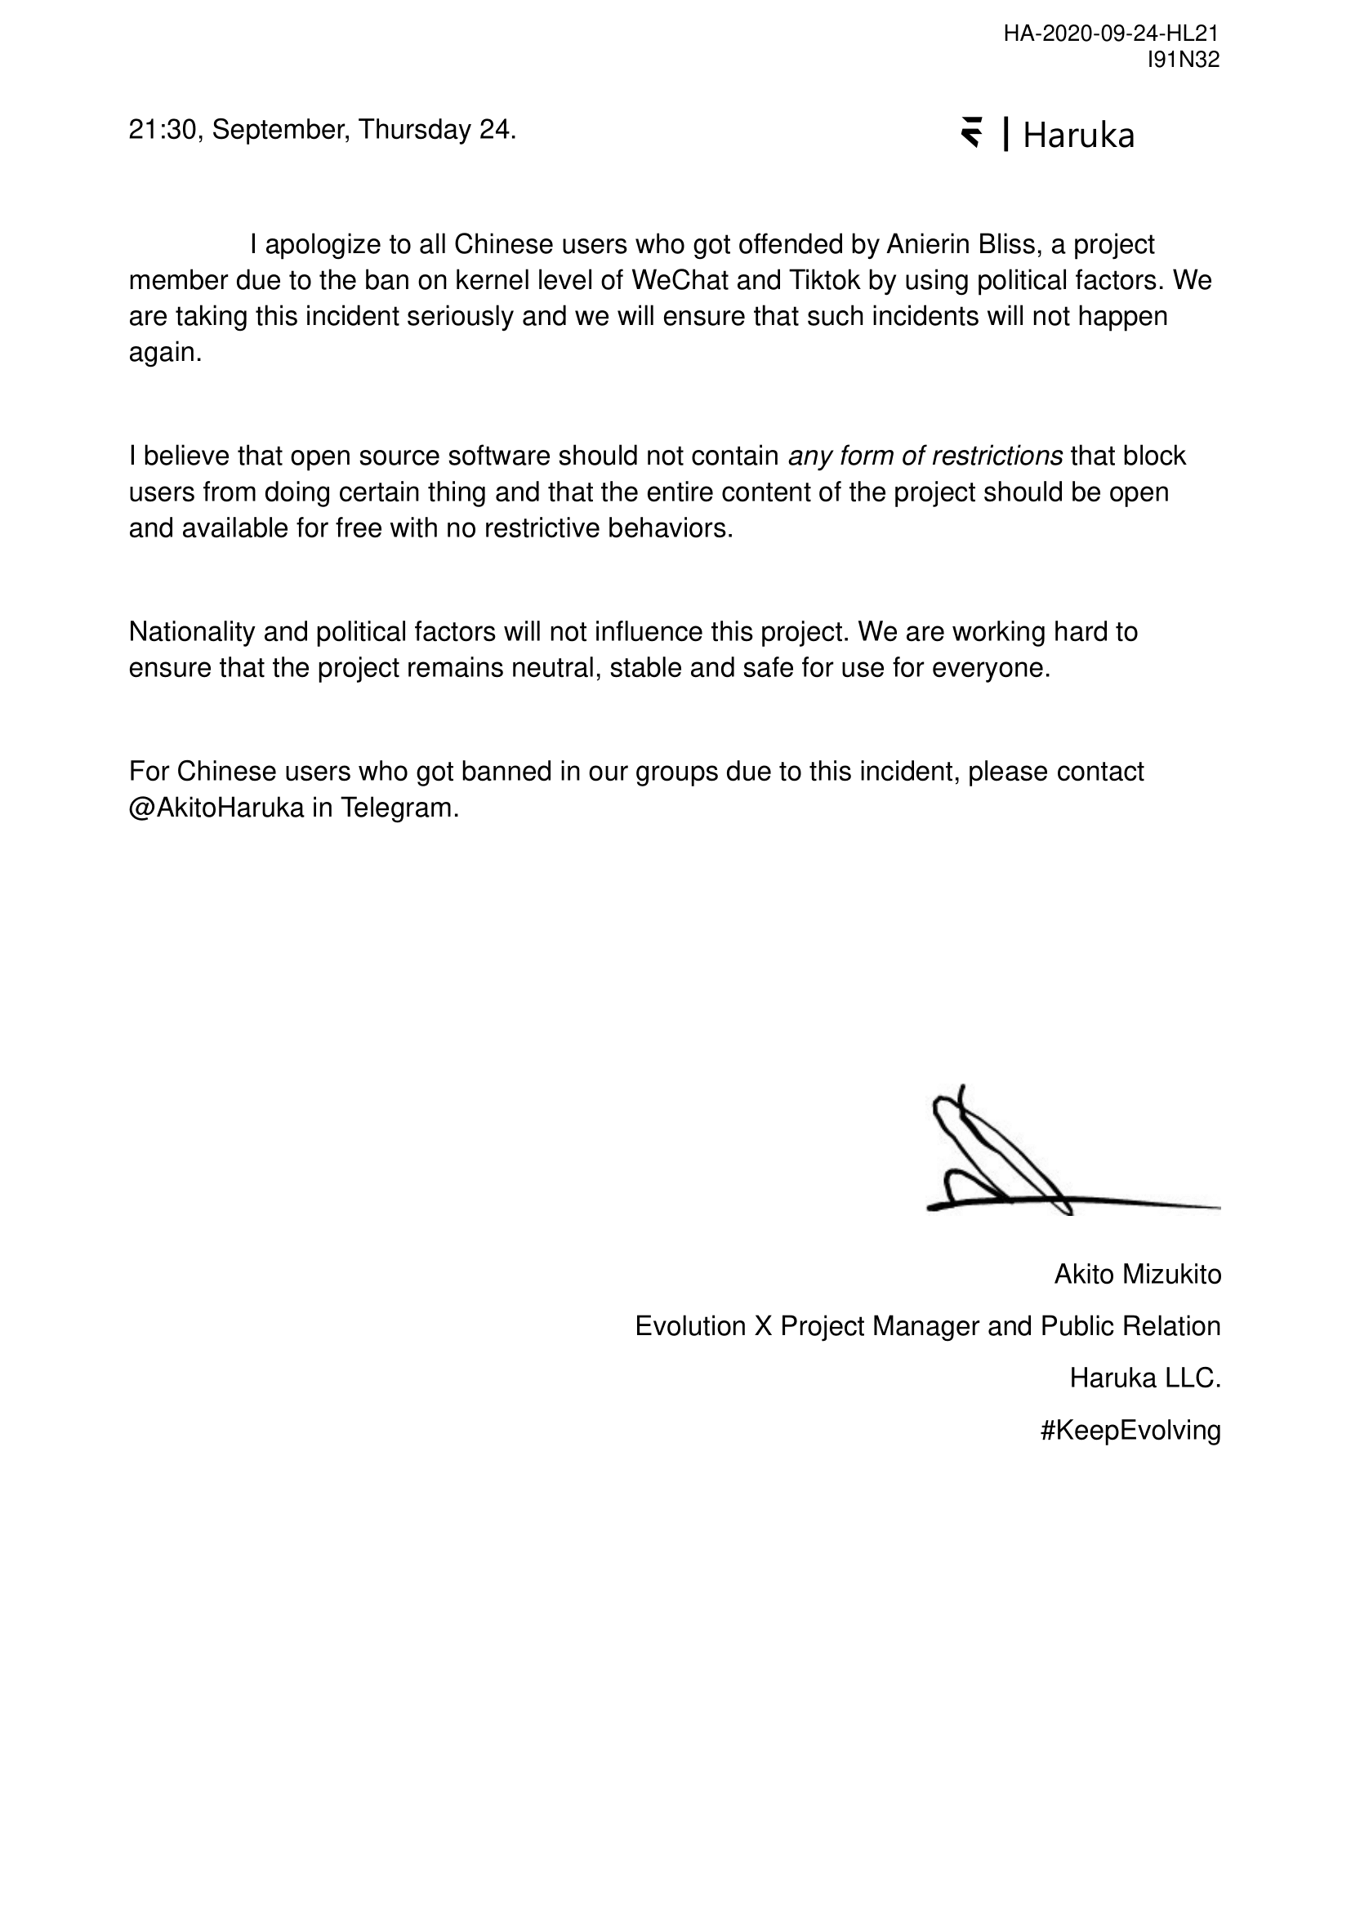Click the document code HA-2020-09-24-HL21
tap(1111, 33)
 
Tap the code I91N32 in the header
tap(1183, 59)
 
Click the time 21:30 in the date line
tap(163, 131)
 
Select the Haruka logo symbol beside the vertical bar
tap(971, 133)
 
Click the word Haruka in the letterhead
tap(1078, 136)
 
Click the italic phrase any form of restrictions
tap(925, 456)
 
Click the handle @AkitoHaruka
tap(216, 808)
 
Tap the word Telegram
tap(399, 808)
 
